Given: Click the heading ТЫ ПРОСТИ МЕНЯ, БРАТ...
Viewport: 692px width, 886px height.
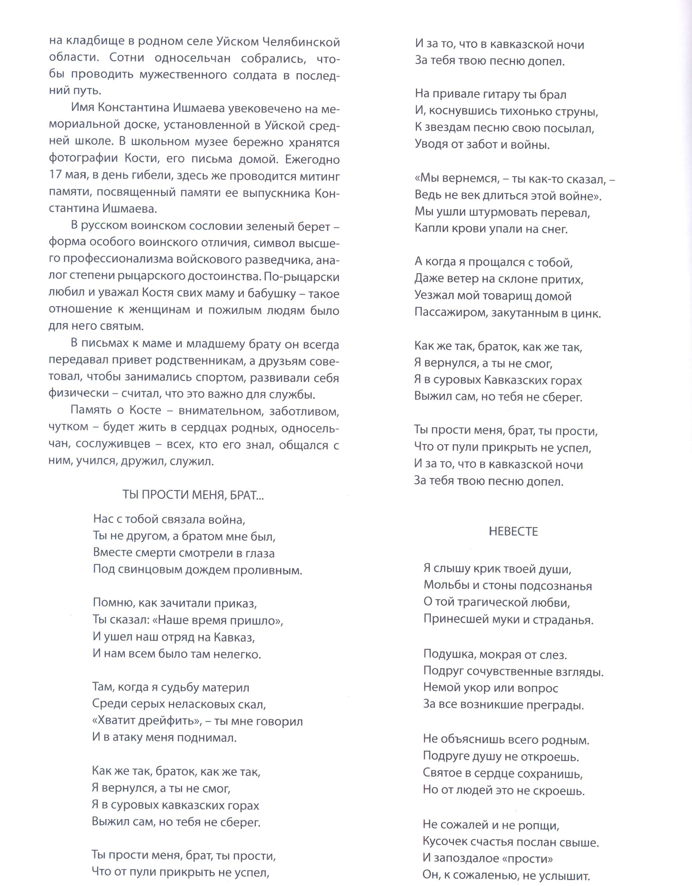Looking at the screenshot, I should tap(193, 495).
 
